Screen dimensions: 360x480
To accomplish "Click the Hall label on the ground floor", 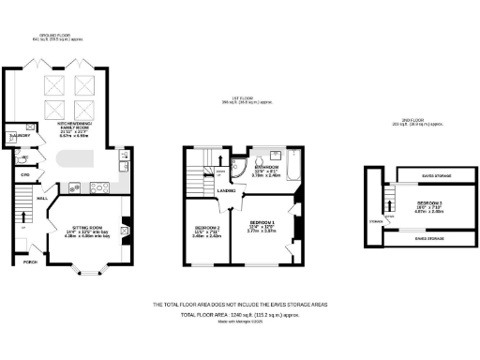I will pos(42,199).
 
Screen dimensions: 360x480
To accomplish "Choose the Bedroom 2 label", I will pos(207,229).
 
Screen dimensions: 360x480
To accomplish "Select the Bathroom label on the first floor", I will pos(266,168).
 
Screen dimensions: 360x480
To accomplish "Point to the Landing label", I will pos(227,191).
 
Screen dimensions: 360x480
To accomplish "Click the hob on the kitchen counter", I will pos(97,187).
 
